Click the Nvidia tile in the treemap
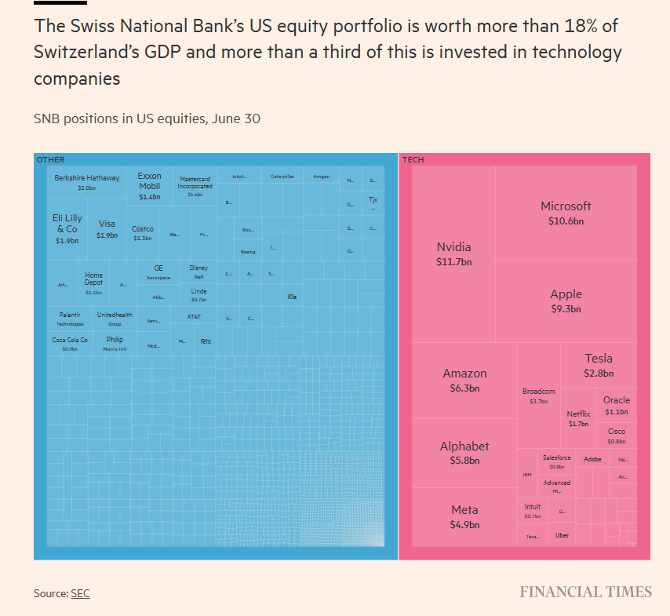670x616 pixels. click(453, 253)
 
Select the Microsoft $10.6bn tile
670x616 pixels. click(566, 213)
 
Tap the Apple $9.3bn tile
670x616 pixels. click(566, 301)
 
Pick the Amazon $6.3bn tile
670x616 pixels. click(464, 380)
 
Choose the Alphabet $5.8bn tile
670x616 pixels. click(464, 453)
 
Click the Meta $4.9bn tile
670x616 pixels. click(464, 516)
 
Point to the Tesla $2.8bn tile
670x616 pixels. click(599, 365)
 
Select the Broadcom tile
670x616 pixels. click(539, 395)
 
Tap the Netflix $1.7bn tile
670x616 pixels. click(578, 418)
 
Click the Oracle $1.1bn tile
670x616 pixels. click(617, 405)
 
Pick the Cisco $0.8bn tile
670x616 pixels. click(617, 436)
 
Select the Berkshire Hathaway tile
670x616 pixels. click(86, 182)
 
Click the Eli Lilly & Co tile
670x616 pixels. click(67, 228)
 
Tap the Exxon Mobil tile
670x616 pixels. click(149, 186)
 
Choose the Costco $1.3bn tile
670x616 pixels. click(143, 233)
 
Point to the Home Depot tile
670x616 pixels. click(93, 283)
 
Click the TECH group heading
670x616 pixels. click(413, 160)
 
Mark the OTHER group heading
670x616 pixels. click(50, 160)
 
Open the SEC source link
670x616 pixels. click(80, 593)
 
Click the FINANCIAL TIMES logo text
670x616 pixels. click(585, 592)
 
